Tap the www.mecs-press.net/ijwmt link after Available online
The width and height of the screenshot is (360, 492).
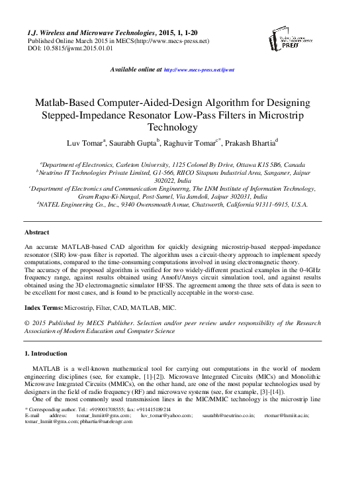(199, 70)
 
